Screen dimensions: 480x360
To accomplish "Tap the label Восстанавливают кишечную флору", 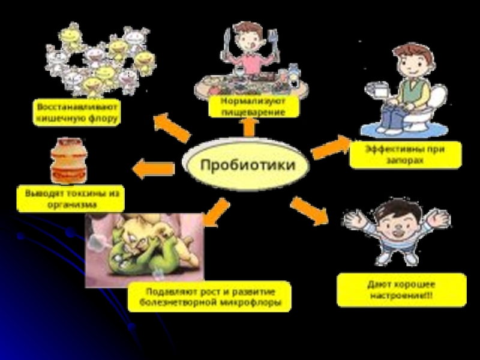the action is tap(77, 112).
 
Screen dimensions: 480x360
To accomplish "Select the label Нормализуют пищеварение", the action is tap(254, 107).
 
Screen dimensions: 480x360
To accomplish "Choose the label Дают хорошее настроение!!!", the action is tap(401, 289).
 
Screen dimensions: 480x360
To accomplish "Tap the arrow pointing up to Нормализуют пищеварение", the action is tap(250, 127).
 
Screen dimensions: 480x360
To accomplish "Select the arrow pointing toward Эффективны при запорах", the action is tap(331, 146).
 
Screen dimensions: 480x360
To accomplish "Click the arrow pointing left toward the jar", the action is tap(152, 169).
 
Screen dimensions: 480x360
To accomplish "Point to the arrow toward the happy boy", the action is tap(310, 211).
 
